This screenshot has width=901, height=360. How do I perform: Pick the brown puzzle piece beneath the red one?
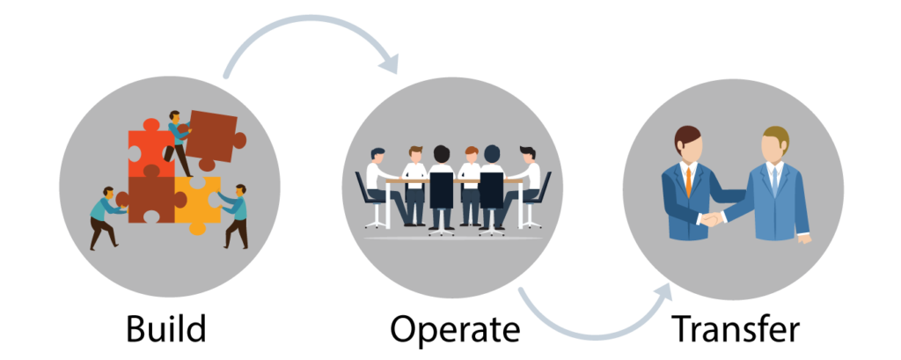[151, 199]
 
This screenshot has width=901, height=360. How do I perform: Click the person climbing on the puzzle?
[177, 141]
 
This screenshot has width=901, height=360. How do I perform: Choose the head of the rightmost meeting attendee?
[526, 156]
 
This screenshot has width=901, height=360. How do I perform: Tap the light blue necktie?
[773, 180]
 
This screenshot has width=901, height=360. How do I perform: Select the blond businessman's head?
[775, 145]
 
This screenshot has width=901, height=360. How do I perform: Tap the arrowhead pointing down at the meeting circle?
[387, 62]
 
